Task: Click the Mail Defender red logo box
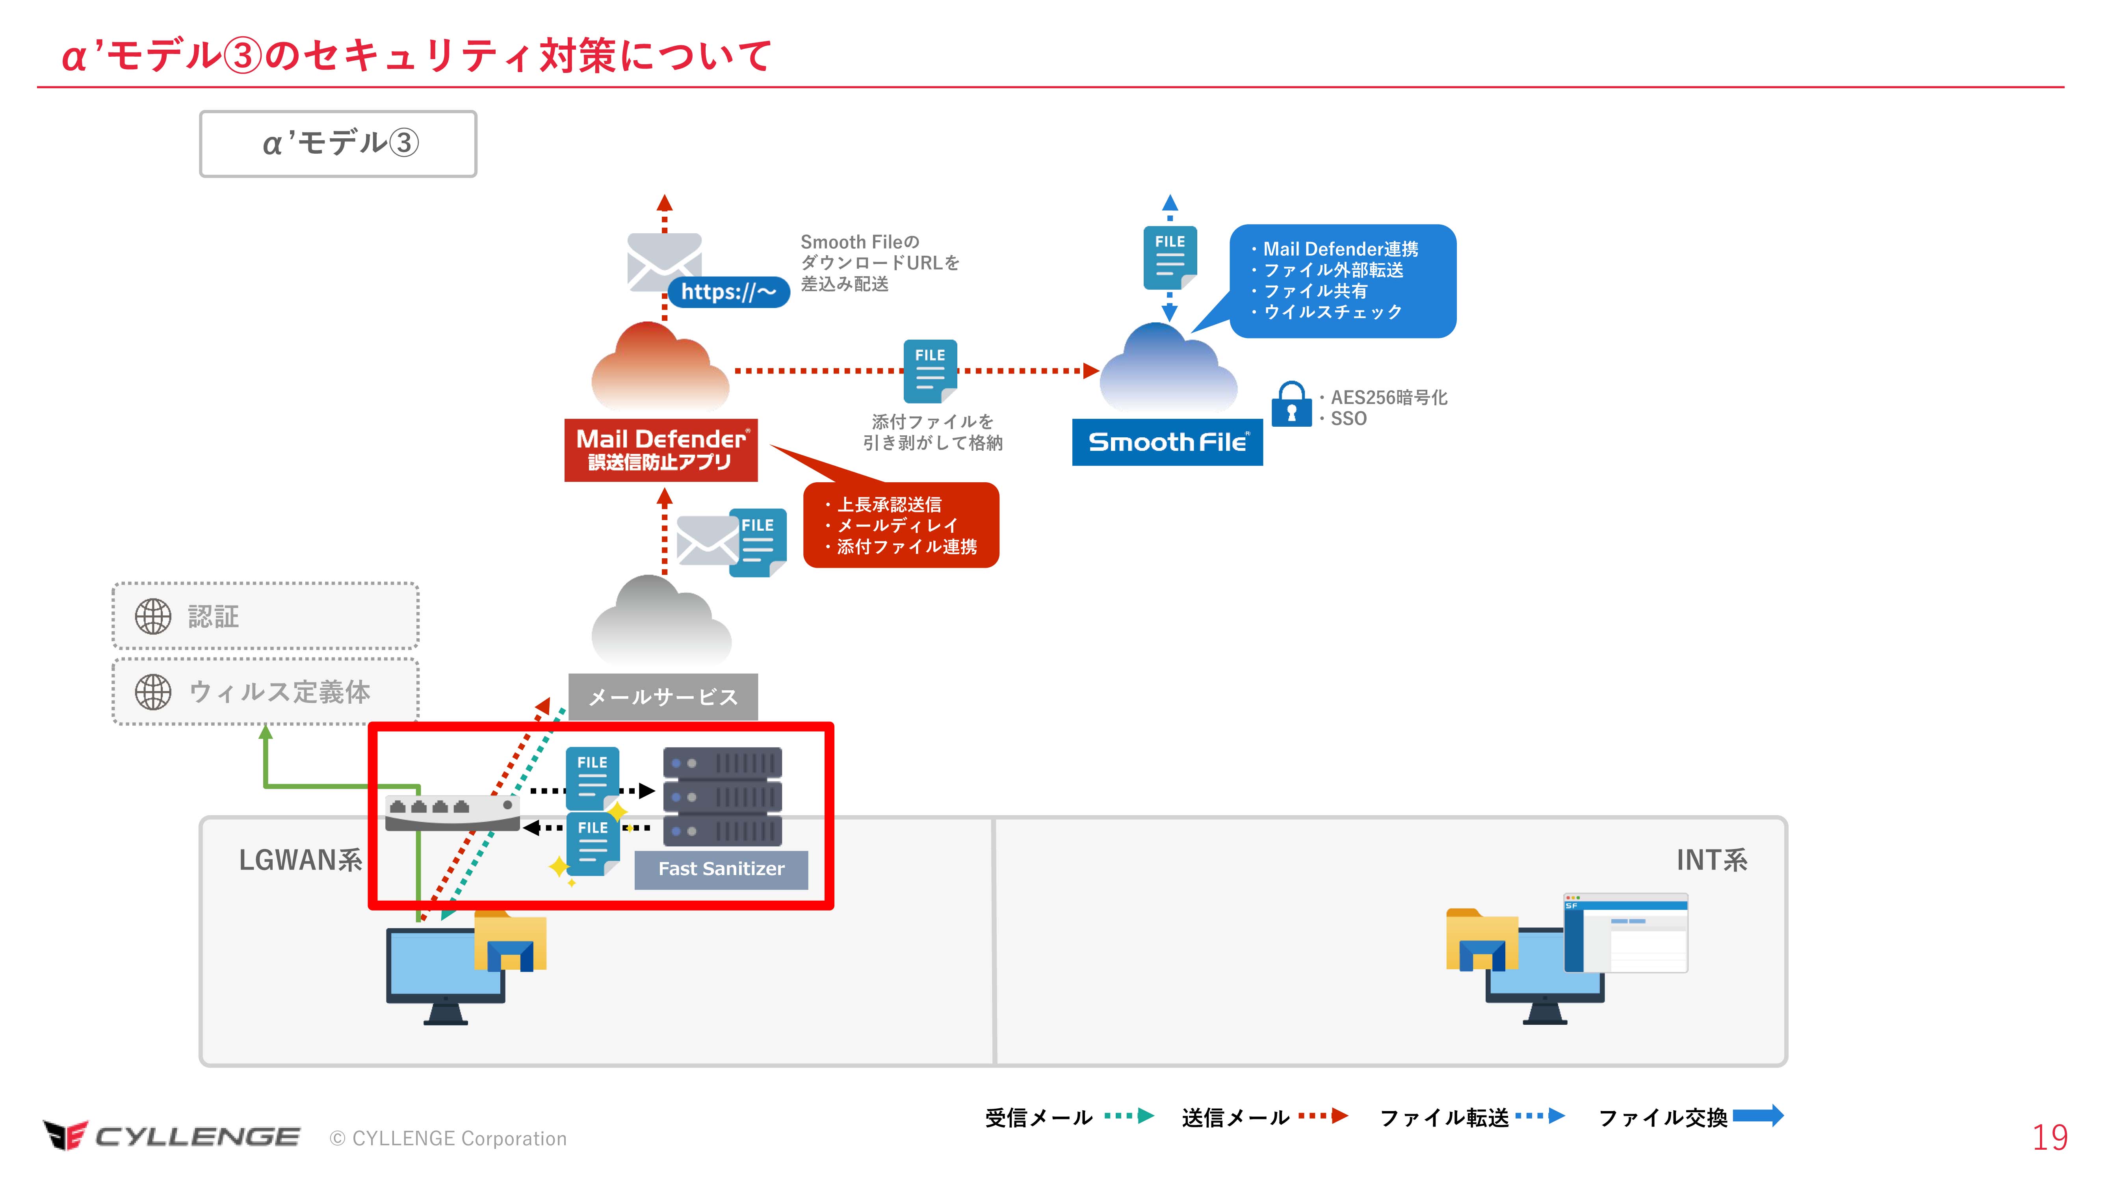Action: pos(661,450)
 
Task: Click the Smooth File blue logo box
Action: pos(1167,442)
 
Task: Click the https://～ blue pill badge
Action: pos(728,292)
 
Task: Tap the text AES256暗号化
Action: pos(1388,397)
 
